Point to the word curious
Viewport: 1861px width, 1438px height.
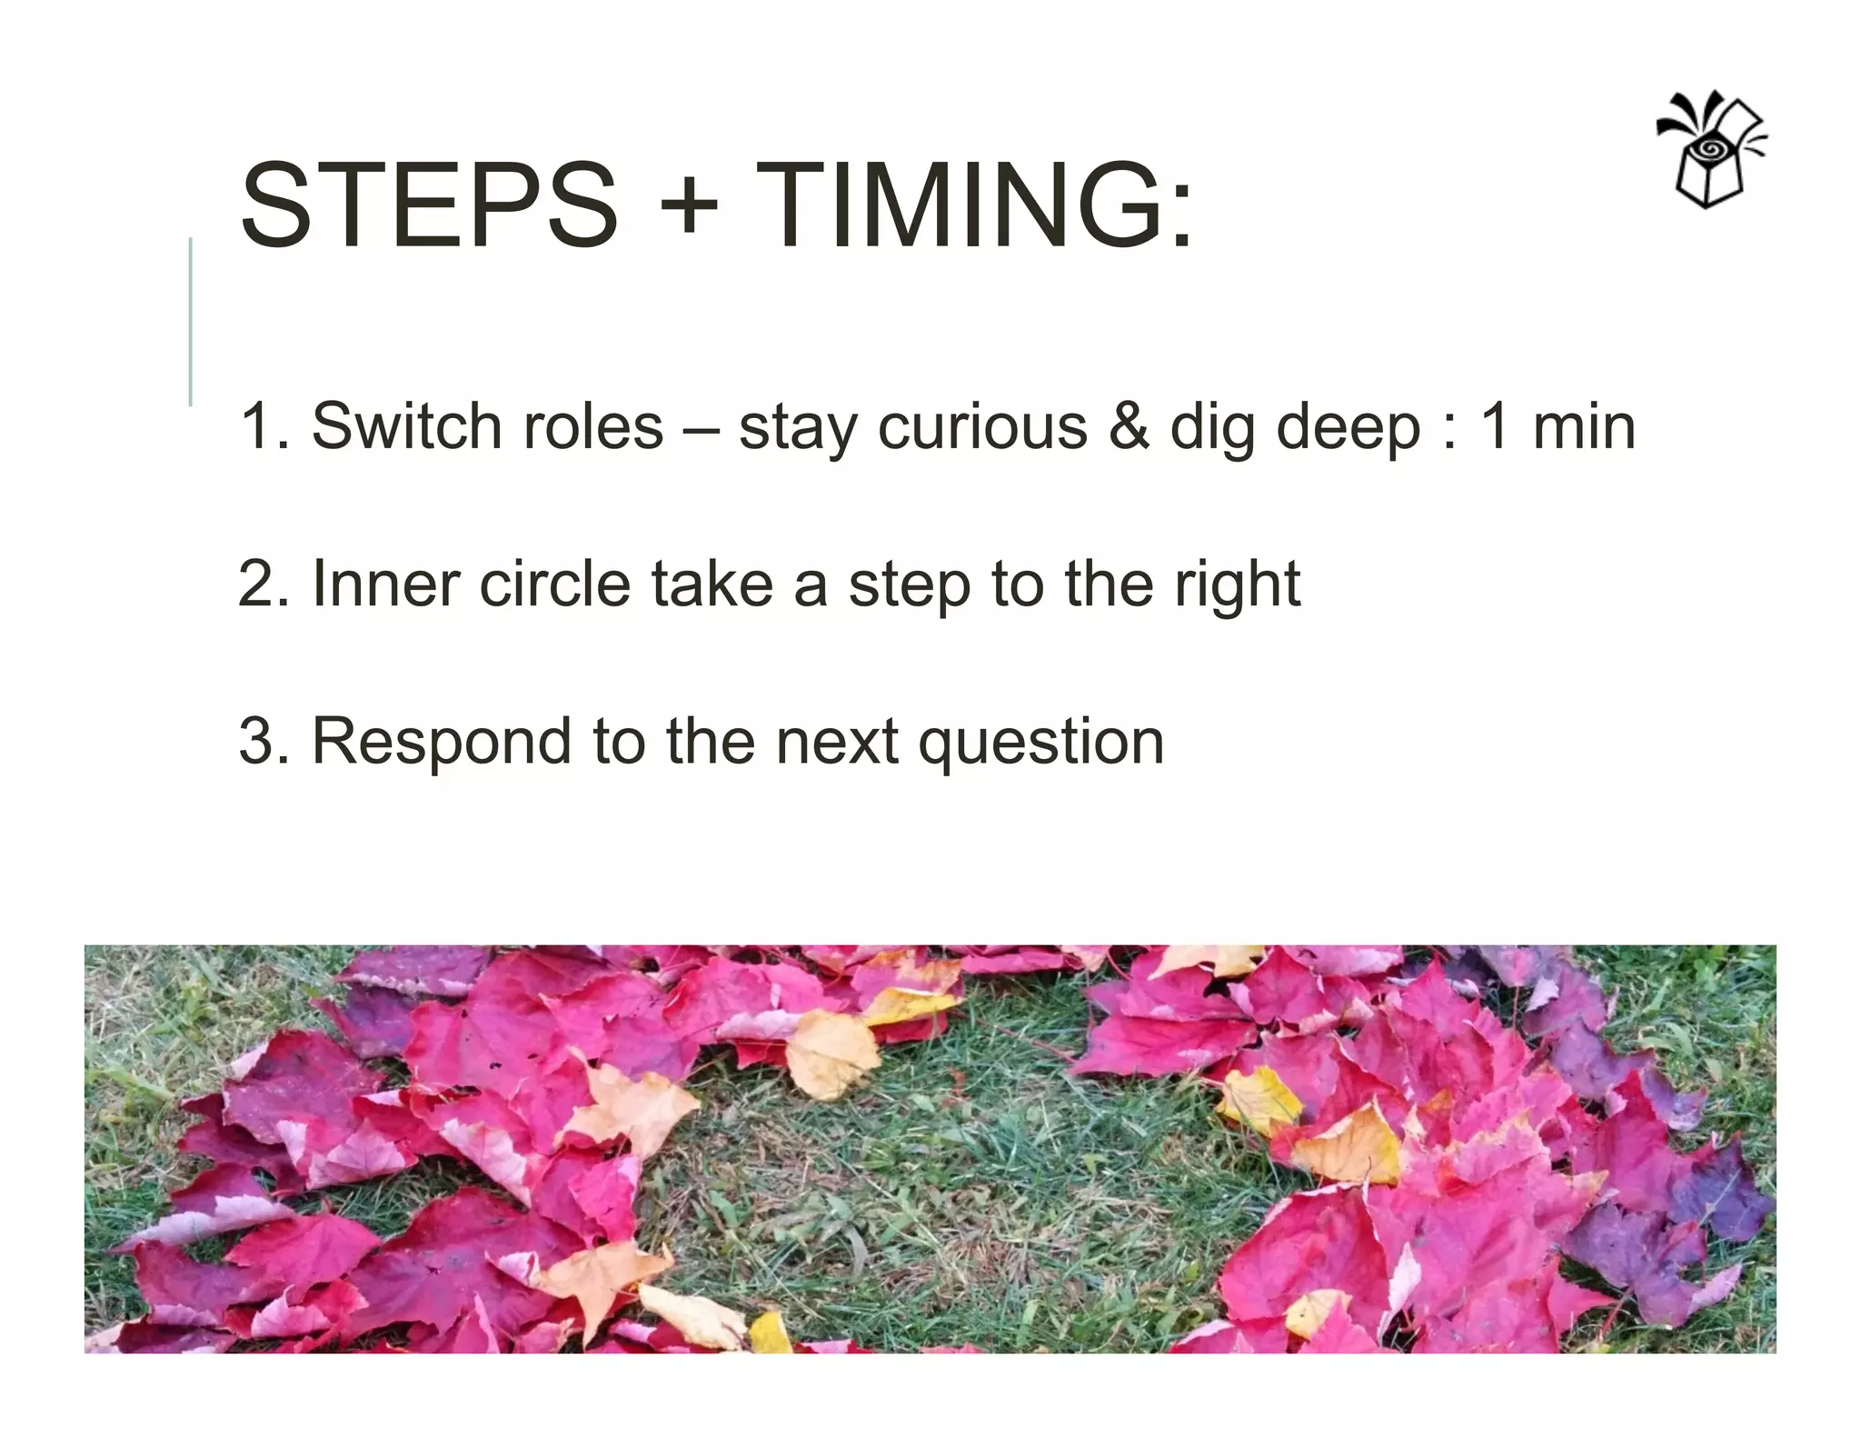981,426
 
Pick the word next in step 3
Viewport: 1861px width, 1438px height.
836,742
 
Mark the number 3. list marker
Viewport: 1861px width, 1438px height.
264,741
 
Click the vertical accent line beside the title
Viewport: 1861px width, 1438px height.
191,321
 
